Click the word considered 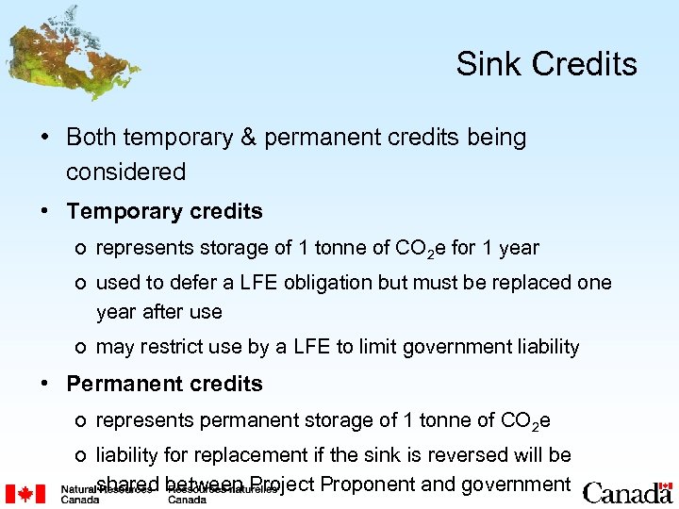pyautogui.click(x=125, y=172)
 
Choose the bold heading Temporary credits pyautogui.click(x=164, y=212)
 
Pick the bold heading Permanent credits pyautogui.click(x=164, y=384)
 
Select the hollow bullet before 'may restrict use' pyautogui.click(x=83, y=348)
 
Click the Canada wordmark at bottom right pyautogui.click(x=627, y=493)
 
